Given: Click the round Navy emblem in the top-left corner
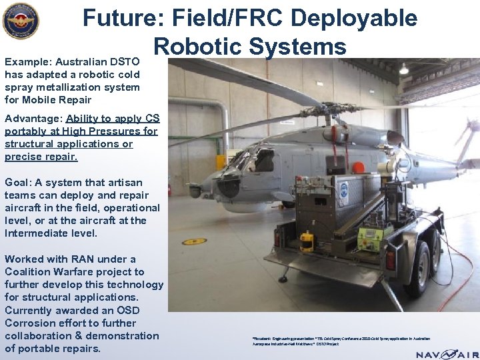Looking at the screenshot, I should point(21,21).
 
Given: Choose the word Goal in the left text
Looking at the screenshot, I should point(17,182).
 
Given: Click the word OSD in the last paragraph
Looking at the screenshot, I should point(129,311).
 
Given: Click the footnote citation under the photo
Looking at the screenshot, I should point(341,341).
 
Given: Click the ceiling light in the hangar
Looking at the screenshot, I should point(403,68).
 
